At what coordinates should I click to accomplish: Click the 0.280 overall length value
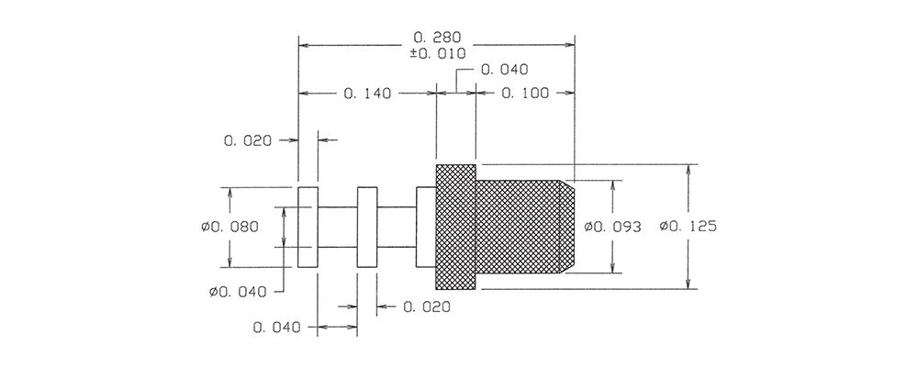pos(437,38)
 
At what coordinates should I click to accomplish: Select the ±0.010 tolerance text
pos(437,53)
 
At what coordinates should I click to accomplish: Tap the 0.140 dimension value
pos(367,93)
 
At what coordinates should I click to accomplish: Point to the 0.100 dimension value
pos(525,93)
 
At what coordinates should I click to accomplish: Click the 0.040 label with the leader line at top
pos(504,70)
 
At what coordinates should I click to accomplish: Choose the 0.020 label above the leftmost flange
pos(248,140)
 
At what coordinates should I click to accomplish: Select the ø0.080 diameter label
pos(229,227)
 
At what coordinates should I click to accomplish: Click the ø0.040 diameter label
pos(238,292)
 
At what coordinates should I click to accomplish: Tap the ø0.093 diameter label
pos(613,227)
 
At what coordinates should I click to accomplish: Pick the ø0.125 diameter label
pos(688,226)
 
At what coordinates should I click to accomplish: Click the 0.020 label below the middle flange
pos(427,306)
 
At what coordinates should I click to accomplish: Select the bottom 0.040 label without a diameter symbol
pos(276,328)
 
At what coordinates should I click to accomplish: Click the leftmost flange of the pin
pos(308,228)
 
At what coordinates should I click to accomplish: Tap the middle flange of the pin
pos(367,228)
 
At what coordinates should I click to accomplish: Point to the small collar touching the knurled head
pos(426,228)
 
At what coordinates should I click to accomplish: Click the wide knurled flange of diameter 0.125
pos(455,228)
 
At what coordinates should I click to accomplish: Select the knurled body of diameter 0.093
pos(518,228)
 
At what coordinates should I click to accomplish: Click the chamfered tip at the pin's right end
pos(567,228)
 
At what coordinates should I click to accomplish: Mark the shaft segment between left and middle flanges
pos(337,228)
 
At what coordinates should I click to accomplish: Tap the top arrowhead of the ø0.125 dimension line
pos(688,170)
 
